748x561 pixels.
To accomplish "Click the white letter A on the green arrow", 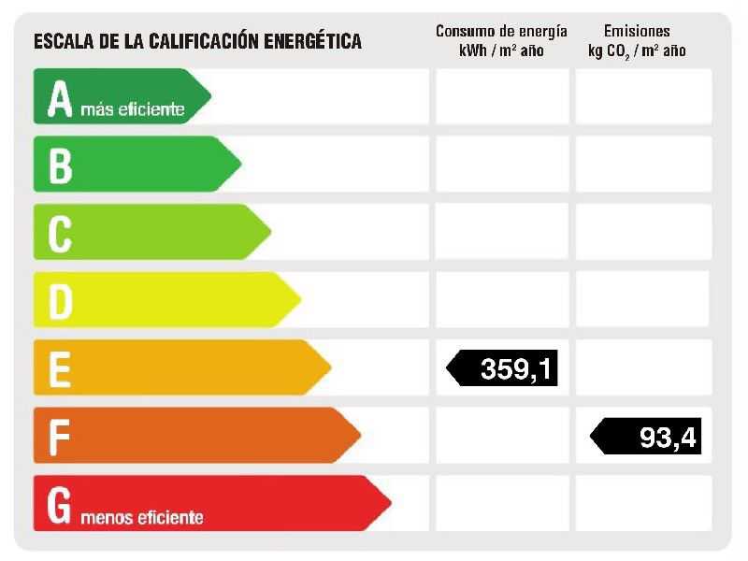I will (60, 98).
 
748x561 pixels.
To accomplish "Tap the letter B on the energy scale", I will (60, 165).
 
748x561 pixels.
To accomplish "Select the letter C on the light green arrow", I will (60, 233).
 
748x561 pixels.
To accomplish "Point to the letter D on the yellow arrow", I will (60, 301).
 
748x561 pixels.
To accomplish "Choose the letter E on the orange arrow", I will (60, 368).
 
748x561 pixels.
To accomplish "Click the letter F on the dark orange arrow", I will (60, 436).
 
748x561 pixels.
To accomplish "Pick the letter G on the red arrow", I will (59, 504).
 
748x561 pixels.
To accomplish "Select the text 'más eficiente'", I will (133, 110).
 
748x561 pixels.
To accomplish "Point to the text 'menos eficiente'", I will (142, 517).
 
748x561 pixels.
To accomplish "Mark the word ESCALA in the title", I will (63, 41).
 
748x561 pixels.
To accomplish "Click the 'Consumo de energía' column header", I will (501, 32).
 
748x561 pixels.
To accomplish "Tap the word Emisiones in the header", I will (637, 32).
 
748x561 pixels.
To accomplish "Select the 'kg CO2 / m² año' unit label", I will (637, 51).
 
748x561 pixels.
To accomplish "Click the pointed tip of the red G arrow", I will (389, 503).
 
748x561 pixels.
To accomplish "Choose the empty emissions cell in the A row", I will (643, 96).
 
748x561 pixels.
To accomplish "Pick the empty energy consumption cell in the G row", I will (501, 503).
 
